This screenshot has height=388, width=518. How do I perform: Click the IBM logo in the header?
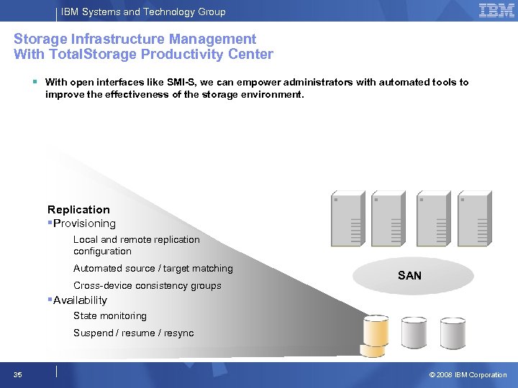coord(496,11)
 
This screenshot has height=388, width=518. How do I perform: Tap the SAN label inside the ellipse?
coord(409,276)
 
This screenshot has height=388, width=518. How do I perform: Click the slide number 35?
coord(18,375)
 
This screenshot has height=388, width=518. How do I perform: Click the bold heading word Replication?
coord(78,210)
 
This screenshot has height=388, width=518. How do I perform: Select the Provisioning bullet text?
coord(84,223)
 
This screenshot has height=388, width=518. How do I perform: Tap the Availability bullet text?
coord(80,300)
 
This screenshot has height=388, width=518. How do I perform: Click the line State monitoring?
coord(109,316)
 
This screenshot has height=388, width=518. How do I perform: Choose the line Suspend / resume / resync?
coord(133,333)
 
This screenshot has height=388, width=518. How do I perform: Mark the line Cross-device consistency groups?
coord(147,286)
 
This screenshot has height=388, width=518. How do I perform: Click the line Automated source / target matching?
coord(153,269)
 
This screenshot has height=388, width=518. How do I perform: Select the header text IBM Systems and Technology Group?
coord(143,11)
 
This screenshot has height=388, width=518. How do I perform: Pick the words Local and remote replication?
coord(136,239)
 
